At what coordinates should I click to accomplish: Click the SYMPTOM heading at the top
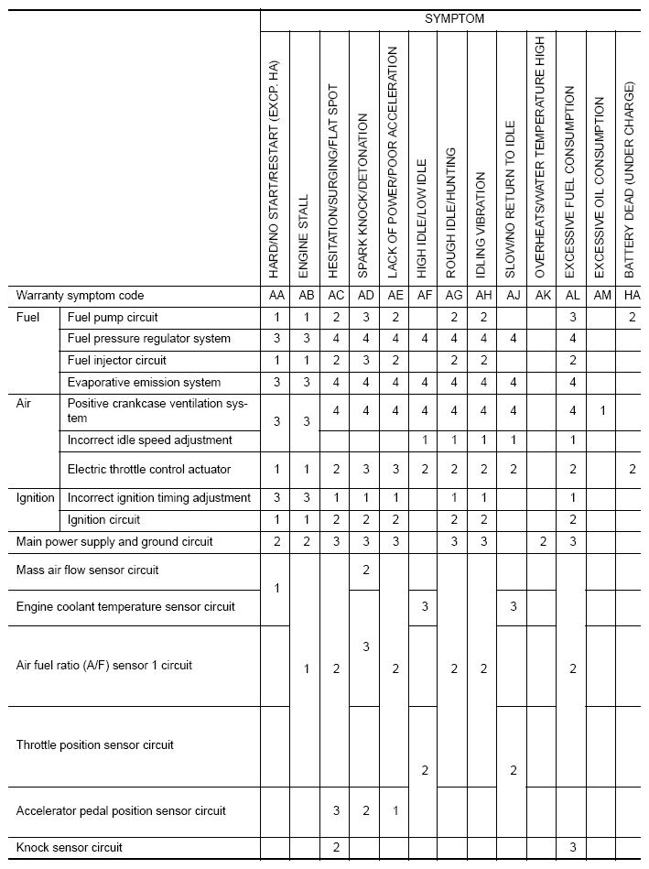point(455,17)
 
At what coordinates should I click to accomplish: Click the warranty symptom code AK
point(542,296)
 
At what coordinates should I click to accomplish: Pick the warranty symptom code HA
point(632,296)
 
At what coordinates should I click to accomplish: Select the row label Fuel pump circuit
point(113,318)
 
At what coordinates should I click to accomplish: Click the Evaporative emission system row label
point(144,383)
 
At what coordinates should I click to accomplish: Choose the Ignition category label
point(37,498)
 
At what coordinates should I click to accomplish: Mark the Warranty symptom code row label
point(81,296)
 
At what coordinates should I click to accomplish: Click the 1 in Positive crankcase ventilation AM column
point(601,411)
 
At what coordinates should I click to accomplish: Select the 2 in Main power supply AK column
point(542,542)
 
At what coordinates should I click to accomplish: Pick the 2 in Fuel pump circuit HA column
point(632,318)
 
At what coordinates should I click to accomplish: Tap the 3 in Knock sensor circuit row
point(572,847)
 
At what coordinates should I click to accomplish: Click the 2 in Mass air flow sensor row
point(365,570)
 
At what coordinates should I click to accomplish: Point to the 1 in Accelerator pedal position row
point(395,810)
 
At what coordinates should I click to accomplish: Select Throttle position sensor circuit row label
point(94,745)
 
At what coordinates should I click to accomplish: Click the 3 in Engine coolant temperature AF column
point(424,606)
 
